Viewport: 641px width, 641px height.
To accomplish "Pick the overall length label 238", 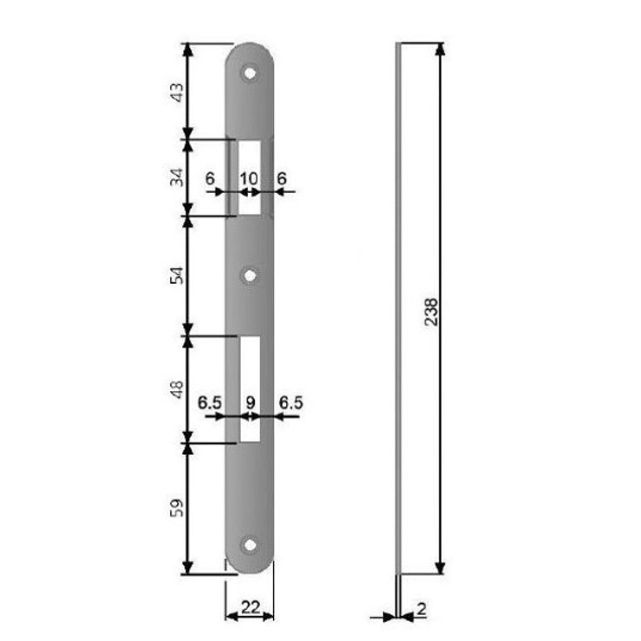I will coord(431,312).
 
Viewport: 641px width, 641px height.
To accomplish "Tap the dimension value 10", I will coord(249,179).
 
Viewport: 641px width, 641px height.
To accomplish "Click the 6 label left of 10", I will coord(210,179).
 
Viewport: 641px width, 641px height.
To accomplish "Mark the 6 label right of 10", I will coord(281,179).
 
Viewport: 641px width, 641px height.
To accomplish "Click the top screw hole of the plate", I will coord(250,73).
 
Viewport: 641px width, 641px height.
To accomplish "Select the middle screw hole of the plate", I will coord(250,276).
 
